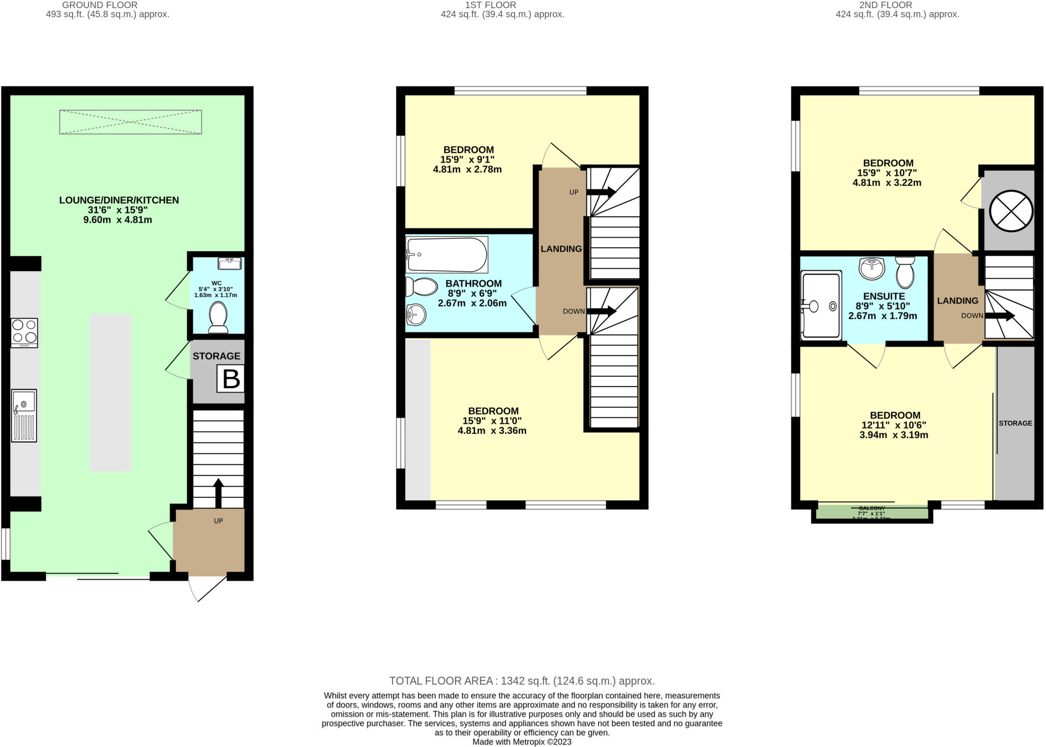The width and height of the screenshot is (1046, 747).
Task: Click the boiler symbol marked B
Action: pyautogui.click(x=230, y=379)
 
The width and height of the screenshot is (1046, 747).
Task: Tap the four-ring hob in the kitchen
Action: pyautogui.click(x=24, y=332)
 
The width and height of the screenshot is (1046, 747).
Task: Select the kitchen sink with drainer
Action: pyautogui.click(x=24, y=416)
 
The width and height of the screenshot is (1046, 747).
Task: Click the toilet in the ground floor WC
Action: pyautogui.click(x=218, y=317)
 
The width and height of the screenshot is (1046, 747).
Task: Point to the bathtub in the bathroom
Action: pyautogui.click(x=446, y=254)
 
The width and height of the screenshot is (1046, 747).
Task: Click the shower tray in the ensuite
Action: pyautogui.click(x=821, y=306)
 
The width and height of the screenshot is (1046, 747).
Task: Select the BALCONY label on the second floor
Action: pyautogui.click(x=871, y=509)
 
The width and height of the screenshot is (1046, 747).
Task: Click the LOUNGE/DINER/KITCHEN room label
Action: pyautogui.click(x=119, y=200)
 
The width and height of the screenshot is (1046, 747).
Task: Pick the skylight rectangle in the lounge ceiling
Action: pyautogui.click(x=130, y=122)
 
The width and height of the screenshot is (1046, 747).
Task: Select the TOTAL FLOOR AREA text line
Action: pyautogui.click(x=521, y=681)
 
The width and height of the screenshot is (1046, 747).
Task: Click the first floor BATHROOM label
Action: pyautogui.click(x=473, y=283)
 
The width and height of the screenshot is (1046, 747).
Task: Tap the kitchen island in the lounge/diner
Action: pyautogui.click(x=110, y=393)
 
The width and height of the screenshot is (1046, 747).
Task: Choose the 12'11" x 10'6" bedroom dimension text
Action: pyautogui.click(x=894, y=425)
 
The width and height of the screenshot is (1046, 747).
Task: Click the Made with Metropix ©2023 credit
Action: pyautogui.click(x=521, y=742)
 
